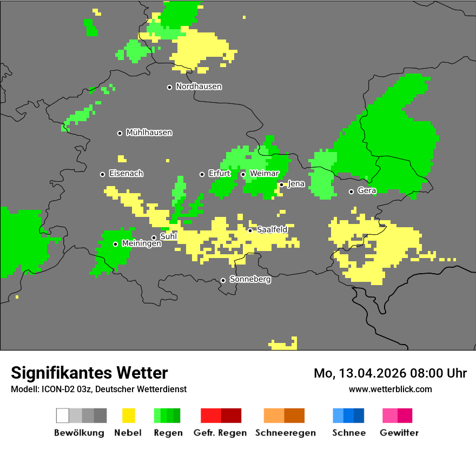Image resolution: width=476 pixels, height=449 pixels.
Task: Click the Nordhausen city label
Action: pos(199,87)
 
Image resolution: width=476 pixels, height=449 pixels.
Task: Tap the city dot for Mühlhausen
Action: pos(120,133)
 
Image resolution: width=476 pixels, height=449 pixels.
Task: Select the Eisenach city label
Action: pos(126,174)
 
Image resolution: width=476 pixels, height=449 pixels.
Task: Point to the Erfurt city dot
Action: pos(202,174)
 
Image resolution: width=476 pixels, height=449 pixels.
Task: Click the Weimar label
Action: pos(264,174)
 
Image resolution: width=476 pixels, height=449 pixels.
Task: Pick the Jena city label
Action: pos(296,184)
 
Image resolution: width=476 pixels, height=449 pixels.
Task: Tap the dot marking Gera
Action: pos(351,192)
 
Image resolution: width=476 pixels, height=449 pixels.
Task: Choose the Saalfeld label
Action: pos(272,230)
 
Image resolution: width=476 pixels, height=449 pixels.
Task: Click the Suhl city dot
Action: pos(154,237)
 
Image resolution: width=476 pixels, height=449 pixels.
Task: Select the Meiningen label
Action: pos(141,244)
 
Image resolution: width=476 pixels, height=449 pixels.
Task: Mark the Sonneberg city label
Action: pos(250,280)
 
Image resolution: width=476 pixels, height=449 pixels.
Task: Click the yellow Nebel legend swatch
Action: pos(128,415)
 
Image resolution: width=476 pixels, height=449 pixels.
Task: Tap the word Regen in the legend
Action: pos(168,433)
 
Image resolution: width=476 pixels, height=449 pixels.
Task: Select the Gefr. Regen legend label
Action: pos(220,433)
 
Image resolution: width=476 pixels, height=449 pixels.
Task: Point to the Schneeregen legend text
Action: pos(286,433)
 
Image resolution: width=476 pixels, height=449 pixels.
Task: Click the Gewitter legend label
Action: pos(399,433)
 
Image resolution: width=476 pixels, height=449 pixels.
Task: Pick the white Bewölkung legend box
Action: pos(63,415)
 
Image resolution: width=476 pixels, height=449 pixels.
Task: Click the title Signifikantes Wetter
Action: pos(89,373)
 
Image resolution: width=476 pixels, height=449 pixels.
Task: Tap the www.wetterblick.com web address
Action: pos(391,389)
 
